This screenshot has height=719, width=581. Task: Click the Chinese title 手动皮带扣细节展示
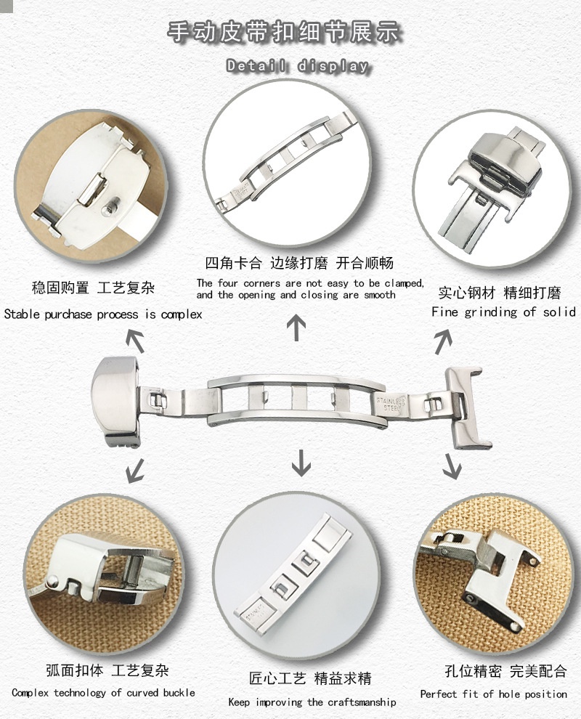tap(285, 33)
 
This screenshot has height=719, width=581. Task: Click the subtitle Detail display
tap(297, 66)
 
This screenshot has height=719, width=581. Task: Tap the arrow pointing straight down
tap(300, 462)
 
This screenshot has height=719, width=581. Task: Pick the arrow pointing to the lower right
tap(452, 465)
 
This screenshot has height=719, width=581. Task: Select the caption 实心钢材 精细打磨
tap(499, 293)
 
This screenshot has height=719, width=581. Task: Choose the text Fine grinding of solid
tap(503, 312)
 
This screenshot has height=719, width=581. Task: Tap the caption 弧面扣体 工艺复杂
tap(106, 670)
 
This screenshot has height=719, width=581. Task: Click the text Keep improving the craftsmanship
tap(312, 702)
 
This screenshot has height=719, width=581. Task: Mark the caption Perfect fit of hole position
tap(493, 694)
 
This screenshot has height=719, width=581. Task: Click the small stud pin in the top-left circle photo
tap(109, 207)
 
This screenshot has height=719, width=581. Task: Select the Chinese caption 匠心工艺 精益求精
tap(310, 679)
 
